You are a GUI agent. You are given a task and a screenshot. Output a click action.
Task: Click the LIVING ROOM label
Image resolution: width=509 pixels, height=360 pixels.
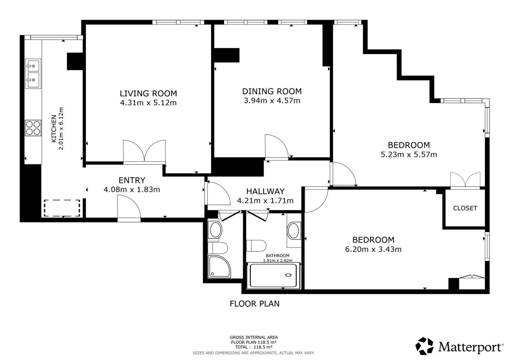pos(148,93)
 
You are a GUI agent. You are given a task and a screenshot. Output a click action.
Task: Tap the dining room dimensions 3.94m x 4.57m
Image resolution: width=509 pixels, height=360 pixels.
pos(272,100)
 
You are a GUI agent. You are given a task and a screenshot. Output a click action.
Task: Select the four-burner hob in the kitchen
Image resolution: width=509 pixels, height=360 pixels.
pos(33,128)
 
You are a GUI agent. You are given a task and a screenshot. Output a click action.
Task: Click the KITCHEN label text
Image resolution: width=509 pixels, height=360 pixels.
pos(54,129)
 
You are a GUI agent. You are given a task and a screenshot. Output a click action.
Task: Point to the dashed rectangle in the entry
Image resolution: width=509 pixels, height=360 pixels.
pos(62,208)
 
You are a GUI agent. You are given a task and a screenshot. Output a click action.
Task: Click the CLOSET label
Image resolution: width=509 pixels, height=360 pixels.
pos(465,208)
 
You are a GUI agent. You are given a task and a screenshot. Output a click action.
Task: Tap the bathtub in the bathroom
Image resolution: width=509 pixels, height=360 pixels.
pos(273,276)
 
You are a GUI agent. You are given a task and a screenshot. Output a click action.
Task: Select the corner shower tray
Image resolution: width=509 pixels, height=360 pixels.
pos(219,267)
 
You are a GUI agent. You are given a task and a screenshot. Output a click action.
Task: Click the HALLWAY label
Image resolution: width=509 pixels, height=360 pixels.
pos(265,191)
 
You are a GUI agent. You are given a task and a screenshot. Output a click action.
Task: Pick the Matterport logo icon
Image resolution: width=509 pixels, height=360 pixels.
pos(424,346)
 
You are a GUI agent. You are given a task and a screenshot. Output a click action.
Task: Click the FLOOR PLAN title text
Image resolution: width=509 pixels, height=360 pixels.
pos(254,304)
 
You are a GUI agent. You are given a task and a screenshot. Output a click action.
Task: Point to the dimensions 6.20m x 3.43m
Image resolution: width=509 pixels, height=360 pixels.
pos(373,249)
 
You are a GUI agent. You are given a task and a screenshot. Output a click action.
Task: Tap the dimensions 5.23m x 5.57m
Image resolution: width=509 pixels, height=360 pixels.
pos(409,154)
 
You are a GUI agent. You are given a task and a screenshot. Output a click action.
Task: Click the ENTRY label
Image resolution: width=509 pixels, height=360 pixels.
pos(132,180)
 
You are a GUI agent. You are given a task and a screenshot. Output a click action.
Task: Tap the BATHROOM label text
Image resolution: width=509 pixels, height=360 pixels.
pos(278,255)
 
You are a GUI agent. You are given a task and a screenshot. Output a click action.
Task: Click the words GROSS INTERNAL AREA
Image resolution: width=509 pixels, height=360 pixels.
pos(253,338)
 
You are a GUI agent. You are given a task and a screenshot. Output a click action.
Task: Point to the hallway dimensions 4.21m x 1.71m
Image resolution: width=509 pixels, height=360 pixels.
pos(265,201)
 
